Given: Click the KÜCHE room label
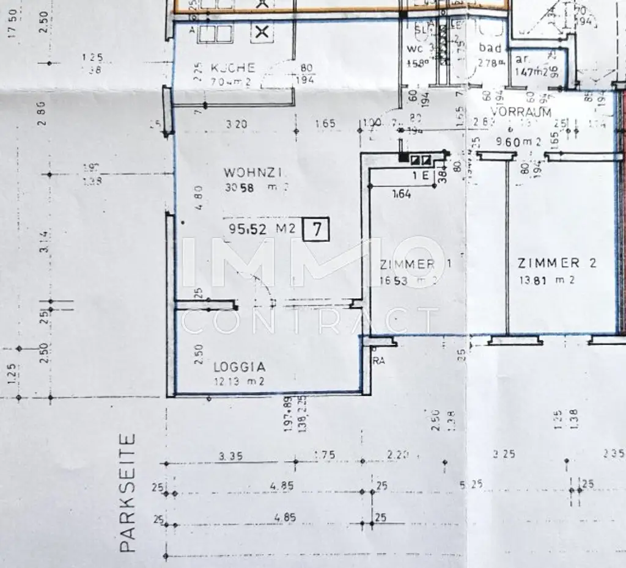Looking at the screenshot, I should [232, 68].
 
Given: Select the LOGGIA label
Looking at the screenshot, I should [239, 367].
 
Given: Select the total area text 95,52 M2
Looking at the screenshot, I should [262, 229].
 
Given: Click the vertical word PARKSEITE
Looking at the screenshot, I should [127, 493].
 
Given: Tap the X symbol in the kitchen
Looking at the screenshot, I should [262, 32].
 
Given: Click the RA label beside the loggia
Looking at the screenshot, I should [379, 361].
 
